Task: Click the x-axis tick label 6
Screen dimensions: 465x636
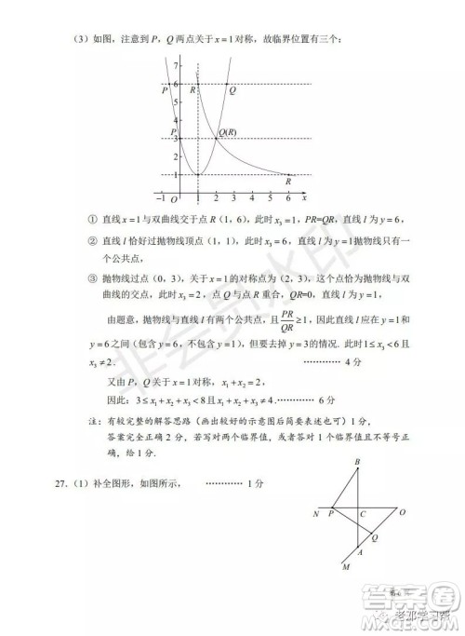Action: (288, 198)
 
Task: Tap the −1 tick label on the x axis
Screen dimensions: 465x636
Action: (162, 198)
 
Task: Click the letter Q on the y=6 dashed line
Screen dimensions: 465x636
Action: (232, 90)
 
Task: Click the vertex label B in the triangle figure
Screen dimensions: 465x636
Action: (356, 464)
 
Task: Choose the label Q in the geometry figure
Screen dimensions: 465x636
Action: (376, 537)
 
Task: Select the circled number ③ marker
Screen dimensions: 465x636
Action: (91, 277)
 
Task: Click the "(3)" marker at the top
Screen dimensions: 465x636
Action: (82, 38)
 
